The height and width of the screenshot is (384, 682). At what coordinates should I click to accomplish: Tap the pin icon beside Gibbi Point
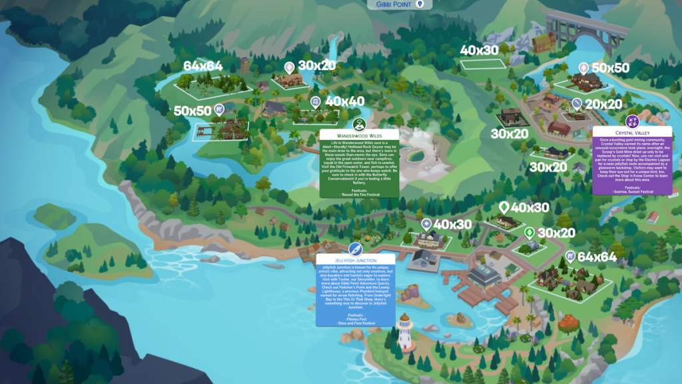click(420, 4)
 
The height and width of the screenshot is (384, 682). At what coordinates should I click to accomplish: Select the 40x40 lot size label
click(344, 102)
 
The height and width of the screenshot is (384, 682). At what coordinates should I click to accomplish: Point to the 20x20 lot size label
click(603, 105)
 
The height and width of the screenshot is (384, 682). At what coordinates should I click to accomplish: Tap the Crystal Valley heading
click(632, 133)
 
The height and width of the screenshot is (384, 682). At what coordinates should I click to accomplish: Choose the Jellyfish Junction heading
click(356, 259)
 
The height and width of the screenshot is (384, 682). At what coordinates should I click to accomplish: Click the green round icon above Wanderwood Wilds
click(359, 123)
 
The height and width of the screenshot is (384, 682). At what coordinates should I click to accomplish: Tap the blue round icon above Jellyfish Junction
click(356, 249)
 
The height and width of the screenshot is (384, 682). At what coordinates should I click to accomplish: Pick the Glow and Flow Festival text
click(356, 323)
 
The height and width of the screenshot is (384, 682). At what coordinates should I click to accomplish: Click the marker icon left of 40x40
click(316, 102)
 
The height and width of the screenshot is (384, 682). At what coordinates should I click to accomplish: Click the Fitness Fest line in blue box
click(356, 319)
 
